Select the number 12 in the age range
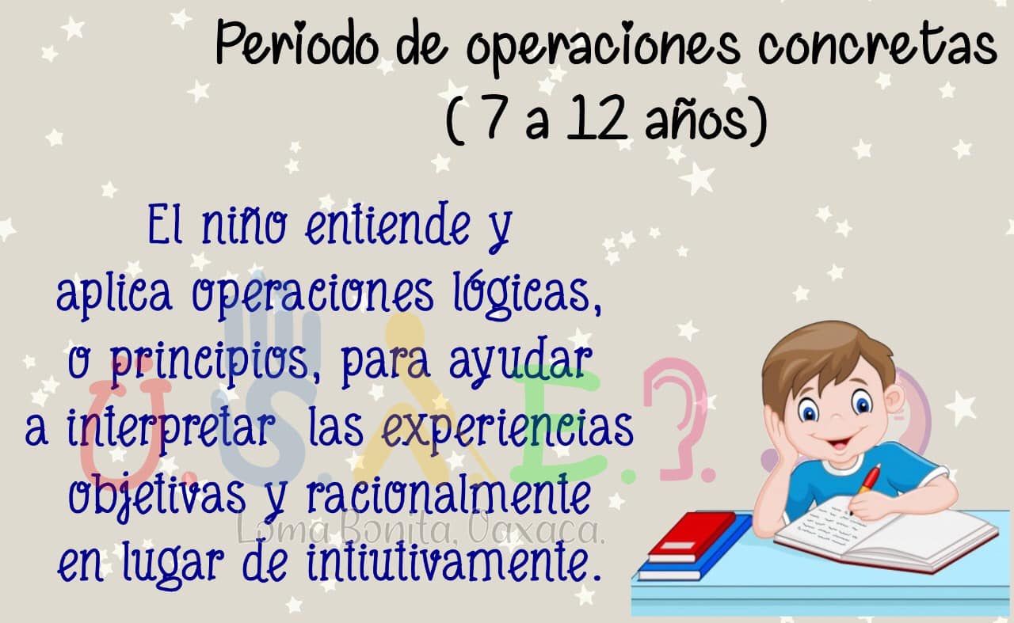597,118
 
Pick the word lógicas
528,294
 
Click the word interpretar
170,431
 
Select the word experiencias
508,431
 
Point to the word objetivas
157,498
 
